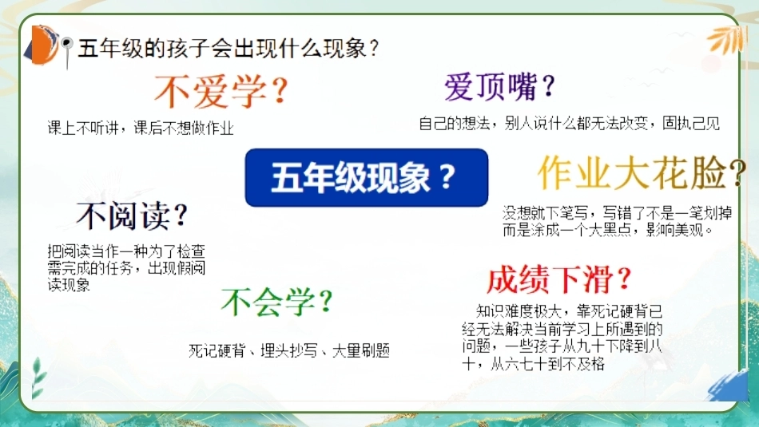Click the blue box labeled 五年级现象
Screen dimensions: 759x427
[x=367, y=177]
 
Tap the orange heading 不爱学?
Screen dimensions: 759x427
[x=221, y=91]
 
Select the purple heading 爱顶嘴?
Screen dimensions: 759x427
[x=499, y=87]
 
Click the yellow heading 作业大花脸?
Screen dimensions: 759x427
[x=642, y=172]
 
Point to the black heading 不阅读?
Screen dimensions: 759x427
[x=132, y=215]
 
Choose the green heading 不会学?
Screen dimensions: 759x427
[x=277, y=302]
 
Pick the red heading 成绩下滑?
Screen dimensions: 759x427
[x=559, y=279]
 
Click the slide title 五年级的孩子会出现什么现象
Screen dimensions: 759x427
[x=228, y=49]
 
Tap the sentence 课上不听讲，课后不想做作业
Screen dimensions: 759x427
[x=141, y=128]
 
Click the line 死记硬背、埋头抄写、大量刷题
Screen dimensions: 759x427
[x=289, y=350]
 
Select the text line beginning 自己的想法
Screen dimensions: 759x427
[x=569, y=124]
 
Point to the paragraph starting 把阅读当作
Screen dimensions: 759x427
[x=126, y=268]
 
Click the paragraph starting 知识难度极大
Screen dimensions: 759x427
[x=562, y=337]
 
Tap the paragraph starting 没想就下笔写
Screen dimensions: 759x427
[x=617, y=221]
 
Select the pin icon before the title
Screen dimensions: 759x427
[x=67, y=51]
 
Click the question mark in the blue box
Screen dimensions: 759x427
[x=447, y=176]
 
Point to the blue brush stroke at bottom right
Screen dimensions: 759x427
[x=729, y=385]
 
